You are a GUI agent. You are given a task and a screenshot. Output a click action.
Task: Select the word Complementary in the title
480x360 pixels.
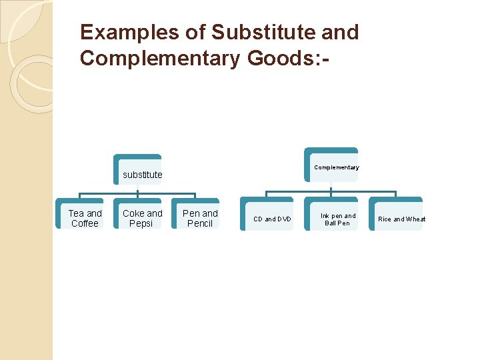click(160, 59)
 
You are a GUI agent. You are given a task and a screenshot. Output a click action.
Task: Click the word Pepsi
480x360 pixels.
click(141, 224)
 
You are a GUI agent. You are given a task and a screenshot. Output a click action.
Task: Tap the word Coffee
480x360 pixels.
click(85, 224)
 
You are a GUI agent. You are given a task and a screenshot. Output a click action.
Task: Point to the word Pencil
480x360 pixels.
click(200, 224)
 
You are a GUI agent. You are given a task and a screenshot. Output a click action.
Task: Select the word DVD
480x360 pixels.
click(284, 219)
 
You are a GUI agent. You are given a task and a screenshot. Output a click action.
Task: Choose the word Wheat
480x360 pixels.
click(415, 219)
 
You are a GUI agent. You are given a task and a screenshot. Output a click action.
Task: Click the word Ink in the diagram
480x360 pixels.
click(325, 216)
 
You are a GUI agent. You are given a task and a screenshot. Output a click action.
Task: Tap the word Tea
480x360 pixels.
click(75, 213)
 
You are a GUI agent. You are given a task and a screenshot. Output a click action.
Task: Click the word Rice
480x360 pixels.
click(385, 219)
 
